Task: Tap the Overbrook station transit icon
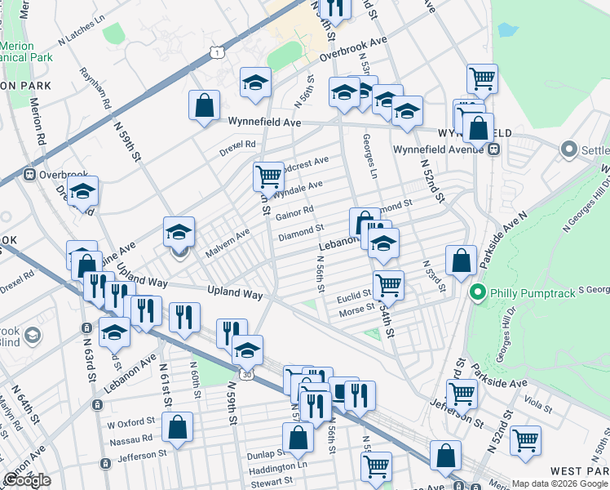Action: tap(30, 174)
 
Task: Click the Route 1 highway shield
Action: tap(216, 52)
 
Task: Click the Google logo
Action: tap(27, 480)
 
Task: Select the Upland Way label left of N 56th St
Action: tap(235, 291)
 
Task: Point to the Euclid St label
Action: tap(355, 294)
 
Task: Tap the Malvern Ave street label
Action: tap(228, 244)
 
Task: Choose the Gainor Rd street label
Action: tap(294, 214)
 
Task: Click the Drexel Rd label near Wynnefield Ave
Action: tap(237, 148)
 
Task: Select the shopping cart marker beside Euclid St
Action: tap(388, 285)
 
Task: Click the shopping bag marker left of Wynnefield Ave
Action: tap(204, 105)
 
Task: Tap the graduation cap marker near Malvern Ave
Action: tap(179, 232)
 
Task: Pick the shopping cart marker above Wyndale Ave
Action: tap(268, 176)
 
